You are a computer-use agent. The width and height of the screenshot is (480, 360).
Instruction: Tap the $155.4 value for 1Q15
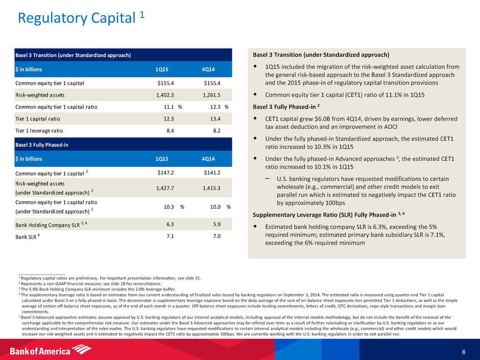pos(167,83)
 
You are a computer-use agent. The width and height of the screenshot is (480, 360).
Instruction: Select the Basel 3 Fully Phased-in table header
pos(42,145)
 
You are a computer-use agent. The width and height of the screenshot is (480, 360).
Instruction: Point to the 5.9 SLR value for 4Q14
pos(216,224)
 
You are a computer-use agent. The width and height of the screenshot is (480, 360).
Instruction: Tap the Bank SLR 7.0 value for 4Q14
pos(216,236)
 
